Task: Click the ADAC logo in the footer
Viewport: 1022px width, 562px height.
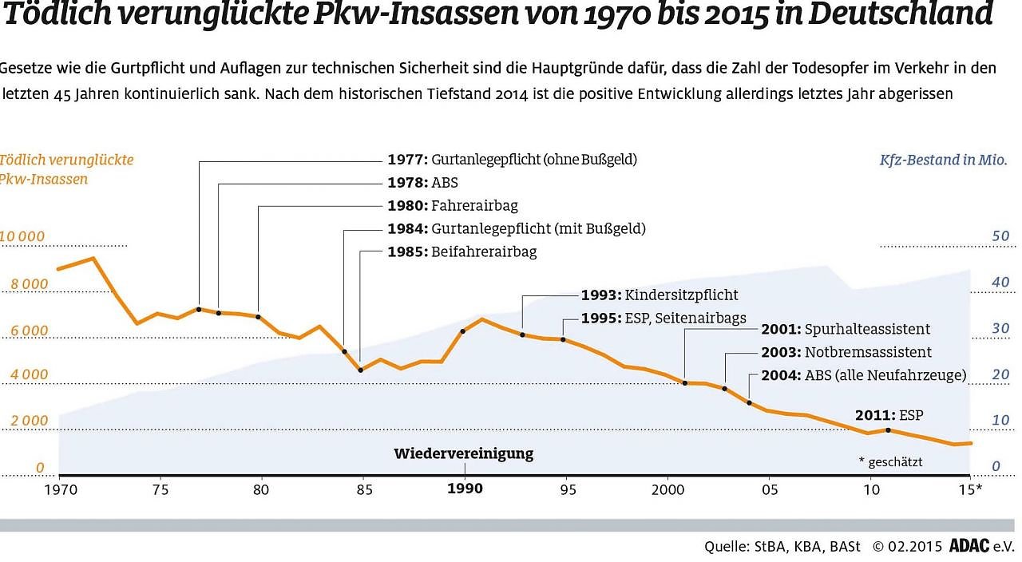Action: [x=970, y=547]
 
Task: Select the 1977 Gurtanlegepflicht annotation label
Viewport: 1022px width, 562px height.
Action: [x=512, y=160]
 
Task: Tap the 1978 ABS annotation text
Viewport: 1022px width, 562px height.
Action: [x=423, y=183]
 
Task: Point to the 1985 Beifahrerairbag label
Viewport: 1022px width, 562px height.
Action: [x=462, y=251]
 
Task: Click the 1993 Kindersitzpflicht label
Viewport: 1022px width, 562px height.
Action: [x=660, y=295]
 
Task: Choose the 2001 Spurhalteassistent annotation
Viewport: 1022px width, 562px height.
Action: [x=846, y=329]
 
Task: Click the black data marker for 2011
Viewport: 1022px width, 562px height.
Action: [x=889, y=430]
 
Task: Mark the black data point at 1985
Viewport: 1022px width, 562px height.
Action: [x=361, y=370]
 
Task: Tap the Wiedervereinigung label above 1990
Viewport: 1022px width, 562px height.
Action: [x=463, y=453]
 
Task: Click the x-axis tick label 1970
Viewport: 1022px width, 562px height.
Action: [x=58, y=489]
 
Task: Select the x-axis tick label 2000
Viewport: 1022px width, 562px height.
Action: [x=667, y=489]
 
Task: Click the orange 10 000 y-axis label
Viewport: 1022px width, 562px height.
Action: [x=22, y=237]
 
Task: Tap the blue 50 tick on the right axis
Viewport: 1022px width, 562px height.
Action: [x=978, y=236]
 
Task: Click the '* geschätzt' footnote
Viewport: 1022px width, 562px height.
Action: [x=890, y=461]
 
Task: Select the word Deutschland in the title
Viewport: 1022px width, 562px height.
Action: [x=907, y=14]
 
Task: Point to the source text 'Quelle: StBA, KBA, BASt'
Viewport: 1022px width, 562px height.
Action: [x=782, y=547]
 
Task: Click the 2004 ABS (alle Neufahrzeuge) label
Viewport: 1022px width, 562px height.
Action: [x=864, y=375]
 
